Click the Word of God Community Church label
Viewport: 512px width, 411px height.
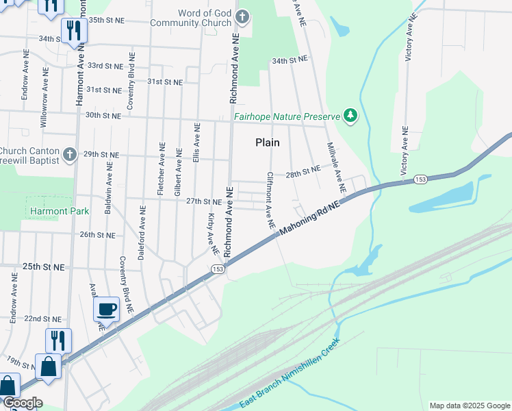pyautogui.click(x=204, y=18)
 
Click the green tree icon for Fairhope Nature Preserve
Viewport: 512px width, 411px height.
pyautogui.click(x=351, y=115)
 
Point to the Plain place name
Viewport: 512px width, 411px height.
pyautogui.click(x=267, y=142)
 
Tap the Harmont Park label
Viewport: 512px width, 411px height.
pyautogui.click(x=60, y=212)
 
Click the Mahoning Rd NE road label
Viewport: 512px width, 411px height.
pyautogui.click(x=309, y=218)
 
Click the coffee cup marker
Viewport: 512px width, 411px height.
pyautogui.click(x=106, y=310)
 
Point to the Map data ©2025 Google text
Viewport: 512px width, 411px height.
pyautogui.click(x=470, y=406)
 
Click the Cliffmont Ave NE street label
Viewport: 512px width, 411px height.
pyautogui.click(x=270, y=200)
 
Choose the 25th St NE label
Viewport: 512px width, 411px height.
pyautogui.click(x=43, y=266)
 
